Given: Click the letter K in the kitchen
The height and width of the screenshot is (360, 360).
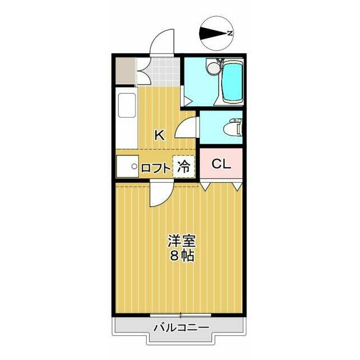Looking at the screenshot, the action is (x=159, y=135).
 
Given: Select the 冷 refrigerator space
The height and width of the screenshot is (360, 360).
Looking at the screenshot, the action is (x=184, y=166).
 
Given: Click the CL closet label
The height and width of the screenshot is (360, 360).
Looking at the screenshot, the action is (x=221, y=164).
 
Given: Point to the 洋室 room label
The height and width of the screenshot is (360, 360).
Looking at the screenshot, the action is (x=181, y=240).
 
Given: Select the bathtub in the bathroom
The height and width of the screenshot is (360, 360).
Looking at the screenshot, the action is (x=232, y=82).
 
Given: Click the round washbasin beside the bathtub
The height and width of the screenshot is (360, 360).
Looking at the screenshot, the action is (x=213, y=68).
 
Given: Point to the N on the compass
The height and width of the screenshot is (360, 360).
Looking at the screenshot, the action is (x=230, y=33).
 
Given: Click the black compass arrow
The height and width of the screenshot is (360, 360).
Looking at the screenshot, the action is (x=214, y=34).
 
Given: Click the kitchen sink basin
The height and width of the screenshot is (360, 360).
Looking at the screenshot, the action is (x=127, y=105).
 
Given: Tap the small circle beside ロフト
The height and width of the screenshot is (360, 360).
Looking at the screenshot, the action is (x=134, y=166).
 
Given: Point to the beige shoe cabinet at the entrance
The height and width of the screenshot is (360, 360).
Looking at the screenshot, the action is (x=125, y=70).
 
